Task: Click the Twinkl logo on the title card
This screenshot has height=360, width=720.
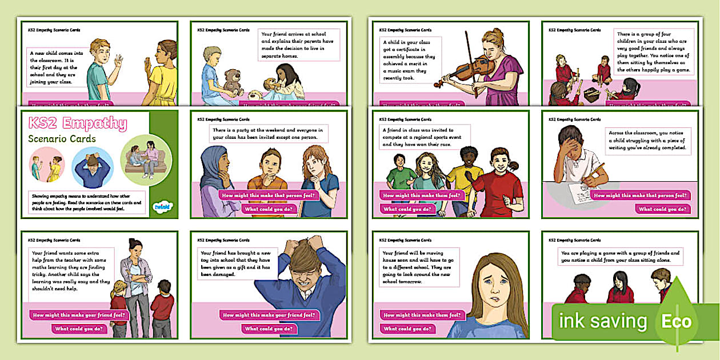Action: coord(160,207)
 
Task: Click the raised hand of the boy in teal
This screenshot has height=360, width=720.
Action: coord(118,61)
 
